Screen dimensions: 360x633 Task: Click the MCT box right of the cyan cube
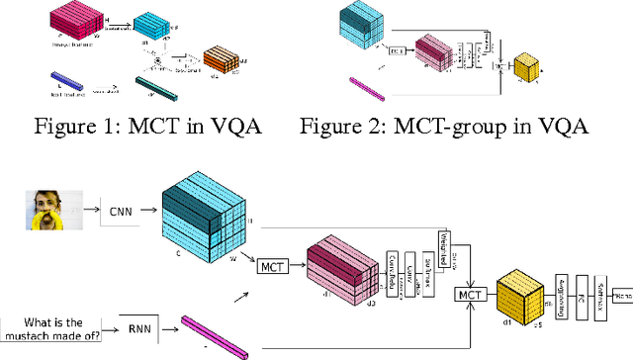click(271, 265)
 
